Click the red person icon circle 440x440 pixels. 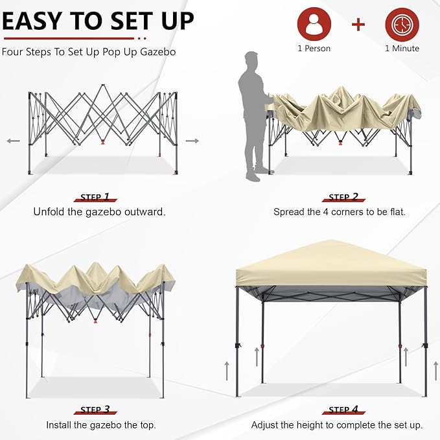pos(314,24)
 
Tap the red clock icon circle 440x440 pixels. pos(402,24)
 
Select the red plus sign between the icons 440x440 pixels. pos(358,25)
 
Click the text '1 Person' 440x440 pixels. pos(314,49)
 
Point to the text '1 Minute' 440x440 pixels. pos(402,49)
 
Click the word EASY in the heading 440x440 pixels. pos(31,21)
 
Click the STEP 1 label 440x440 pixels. pos(95,197)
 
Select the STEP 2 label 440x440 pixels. pos(343,197)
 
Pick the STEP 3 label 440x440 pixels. pos(95,410)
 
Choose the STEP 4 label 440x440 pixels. pos(343,410)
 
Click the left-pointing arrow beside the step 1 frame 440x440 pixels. pos(14,141)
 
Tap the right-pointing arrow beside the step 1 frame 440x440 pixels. pos(192,141)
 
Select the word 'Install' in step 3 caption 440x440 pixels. pos(58,425)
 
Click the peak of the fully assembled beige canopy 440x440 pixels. pos(331,240)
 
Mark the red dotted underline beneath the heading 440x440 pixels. pos(75,38)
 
